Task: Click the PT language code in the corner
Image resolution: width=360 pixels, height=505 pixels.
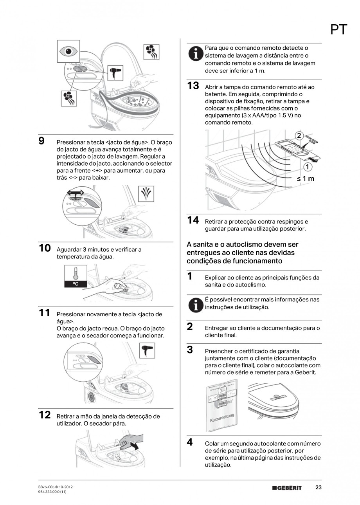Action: tap(338, 30)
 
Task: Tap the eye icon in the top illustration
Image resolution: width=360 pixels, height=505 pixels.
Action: tap(68, 51)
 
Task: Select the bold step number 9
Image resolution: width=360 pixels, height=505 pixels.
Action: tap(41, 141)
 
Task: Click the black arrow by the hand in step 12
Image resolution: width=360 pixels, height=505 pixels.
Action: tap(135, 445)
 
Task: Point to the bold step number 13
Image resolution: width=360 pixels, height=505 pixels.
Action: tap(193, 86)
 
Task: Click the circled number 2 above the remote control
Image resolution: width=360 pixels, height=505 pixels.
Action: tap(299, 136)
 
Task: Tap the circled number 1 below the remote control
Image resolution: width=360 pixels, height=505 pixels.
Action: tap(308, 168)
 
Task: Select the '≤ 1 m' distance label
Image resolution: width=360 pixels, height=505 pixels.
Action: tap(305, 179)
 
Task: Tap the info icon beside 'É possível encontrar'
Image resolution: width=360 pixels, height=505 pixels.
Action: tap(195, 304)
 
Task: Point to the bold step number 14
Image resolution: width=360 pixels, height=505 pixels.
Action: tap(193, 220)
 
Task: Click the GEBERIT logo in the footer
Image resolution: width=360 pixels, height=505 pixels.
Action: tap(287, 488)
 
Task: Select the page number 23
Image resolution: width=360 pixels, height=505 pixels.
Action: tap(319, 487)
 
